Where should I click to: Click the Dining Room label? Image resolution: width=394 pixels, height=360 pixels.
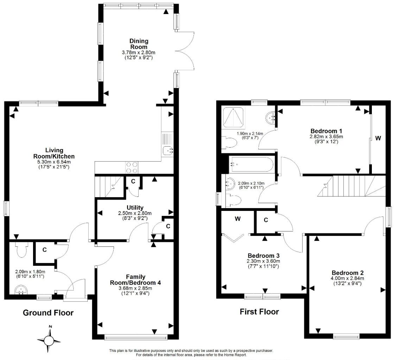[x=139, y=44]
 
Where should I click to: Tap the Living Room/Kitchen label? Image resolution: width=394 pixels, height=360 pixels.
[x=54, y=153]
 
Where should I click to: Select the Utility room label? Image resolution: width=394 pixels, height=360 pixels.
[x=135, y=208]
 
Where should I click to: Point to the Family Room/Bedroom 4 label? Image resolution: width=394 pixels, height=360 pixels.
[x=135, y=279]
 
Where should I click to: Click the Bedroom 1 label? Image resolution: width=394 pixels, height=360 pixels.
[x=326, y=131]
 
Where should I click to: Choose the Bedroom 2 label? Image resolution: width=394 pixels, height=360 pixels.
[x=348, y=272]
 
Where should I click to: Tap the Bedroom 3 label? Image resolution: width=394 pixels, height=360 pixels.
[x=263, y=256]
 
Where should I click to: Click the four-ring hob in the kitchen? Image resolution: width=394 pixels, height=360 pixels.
[x=132, y=167]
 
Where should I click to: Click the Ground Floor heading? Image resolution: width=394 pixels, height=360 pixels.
[x=48, y=313]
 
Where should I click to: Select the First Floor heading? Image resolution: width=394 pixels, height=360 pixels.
[x=259, y=311]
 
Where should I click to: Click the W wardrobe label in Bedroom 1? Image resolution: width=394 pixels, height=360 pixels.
[x=378, y=138]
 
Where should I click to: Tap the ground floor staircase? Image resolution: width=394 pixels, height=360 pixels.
[x=109, y=187]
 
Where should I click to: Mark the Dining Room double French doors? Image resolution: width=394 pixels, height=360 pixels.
[x=185, y=51]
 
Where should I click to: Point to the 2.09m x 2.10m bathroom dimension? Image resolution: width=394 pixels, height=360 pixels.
[x=251, y=183]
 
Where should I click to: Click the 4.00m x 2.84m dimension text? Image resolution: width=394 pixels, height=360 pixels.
[x=347, y=278]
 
